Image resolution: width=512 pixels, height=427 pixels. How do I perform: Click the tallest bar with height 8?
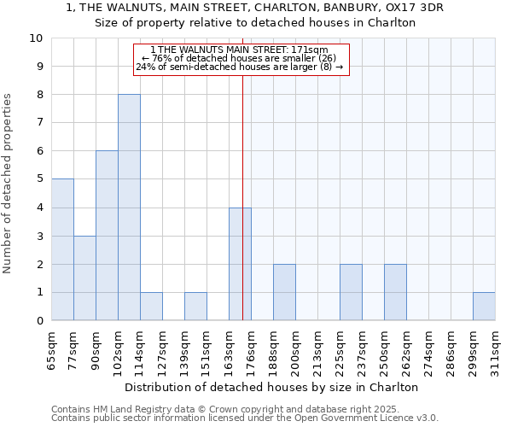[x=129, y=208]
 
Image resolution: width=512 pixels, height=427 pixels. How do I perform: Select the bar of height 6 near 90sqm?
[x=107, y=236]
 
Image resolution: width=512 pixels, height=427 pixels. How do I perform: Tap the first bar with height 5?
[x=62, y=249]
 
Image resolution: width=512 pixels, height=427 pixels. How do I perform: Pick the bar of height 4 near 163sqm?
[x=240, y=264]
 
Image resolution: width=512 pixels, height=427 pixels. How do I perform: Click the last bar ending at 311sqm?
[x=484, y=307]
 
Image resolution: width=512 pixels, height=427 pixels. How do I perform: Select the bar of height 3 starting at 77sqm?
[x=84, y=278]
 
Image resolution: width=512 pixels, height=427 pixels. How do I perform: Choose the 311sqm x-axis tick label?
[x=496, y=346]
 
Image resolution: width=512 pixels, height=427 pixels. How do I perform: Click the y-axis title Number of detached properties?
[x=9, y=179]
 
